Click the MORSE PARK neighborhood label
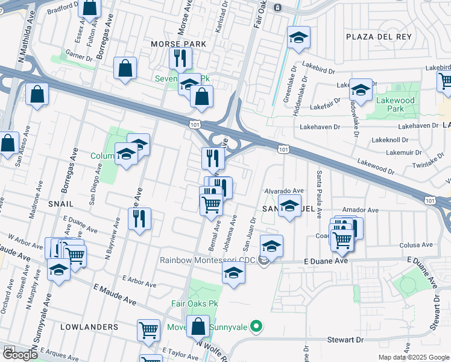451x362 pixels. coord(178,44)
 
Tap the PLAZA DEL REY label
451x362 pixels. coord(379,37)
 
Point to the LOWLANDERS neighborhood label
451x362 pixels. coord(89,326)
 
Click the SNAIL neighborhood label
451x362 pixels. coord(61,204)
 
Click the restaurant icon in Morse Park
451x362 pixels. coord(179,59)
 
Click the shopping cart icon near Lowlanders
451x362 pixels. coord(148,329)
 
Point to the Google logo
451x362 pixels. coord(20,355)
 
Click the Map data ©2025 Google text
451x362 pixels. coord(414,357)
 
